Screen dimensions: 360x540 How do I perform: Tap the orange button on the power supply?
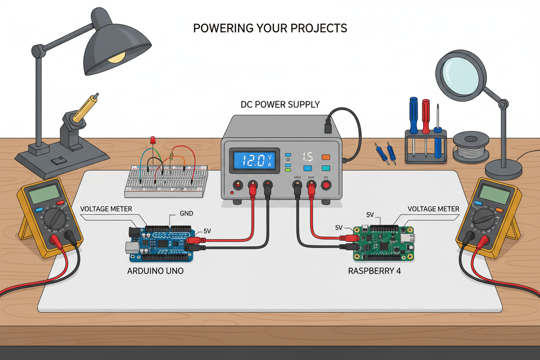(x=325, y=157)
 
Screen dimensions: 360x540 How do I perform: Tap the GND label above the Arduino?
(x=186, y=214)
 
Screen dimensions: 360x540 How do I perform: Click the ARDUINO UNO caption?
(x=155, y=271)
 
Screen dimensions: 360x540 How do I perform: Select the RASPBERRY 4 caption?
(x=374, y=271)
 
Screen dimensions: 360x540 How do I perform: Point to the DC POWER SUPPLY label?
(x=280, y=104)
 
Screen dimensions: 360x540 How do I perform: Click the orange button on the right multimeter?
(x=500, y=210)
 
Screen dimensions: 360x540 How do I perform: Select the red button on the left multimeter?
(x=60, y=202)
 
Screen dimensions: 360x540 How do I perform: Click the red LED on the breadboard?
(x=152, y=139)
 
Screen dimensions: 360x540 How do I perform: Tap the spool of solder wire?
(x=471, y=147)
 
